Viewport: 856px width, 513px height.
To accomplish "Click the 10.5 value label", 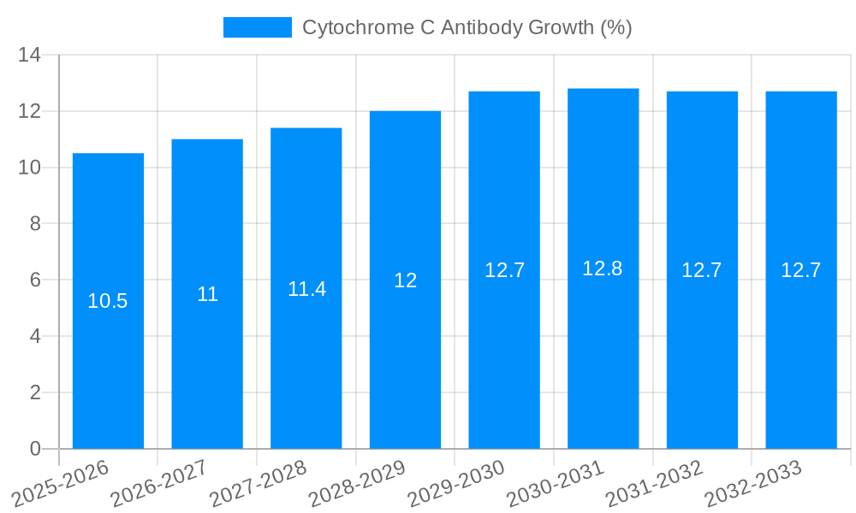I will click(108, 301).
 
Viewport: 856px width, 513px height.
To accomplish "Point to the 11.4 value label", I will click(306, 289).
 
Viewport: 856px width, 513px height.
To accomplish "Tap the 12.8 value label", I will click(603, 268).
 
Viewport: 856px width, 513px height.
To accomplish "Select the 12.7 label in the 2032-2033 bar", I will click(800, 270).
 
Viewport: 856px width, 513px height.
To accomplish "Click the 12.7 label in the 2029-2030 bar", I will click(504, 270).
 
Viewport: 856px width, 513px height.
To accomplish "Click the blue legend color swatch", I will click(257, 27).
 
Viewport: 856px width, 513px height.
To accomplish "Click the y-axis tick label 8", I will click(35, 224).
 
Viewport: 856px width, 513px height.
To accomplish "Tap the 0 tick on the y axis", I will click(35, 449).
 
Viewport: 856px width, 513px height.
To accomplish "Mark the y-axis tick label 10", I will click(30, 168).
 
